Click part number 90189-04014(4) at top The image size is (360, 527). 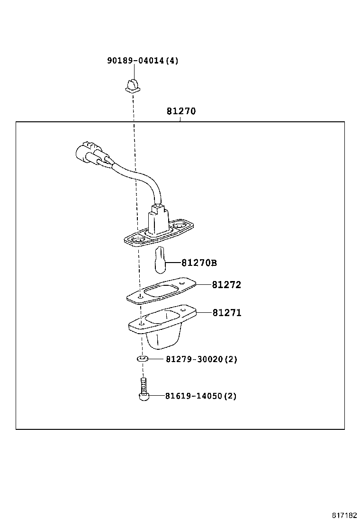pos(143,61)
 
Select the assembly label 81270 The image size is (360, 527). pos(181,112)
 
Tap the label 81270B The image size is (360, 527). pos(199,263)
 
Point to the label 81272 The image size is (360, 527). pos(226,285)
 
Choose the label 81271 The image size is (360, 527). pos(226,313)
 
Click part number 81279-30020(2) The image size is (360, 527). pos(201,359)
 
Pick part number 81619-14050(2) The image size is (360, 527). pos(201,396)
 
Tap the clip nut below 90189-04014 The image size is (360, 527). pos(132,86)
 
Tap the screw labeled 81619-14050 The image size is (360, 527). pos(143,391)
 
